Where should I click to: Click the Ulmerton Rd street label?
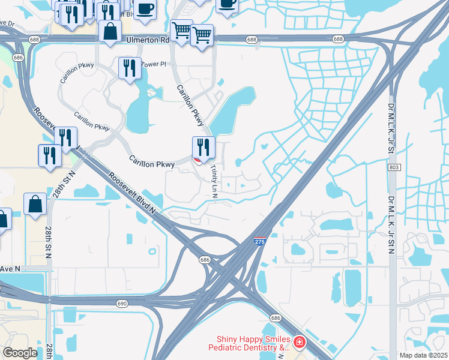pos(148,40)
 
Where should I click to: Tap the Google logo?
pos(20,353)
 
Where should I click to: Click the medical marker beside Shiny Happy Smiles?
pos(299,343)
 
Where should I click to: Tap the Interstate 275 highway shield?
pos(259,241)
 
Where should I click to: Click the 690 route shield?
pos(122,304)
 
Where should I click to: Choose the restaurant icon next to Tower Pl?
pos(130,69)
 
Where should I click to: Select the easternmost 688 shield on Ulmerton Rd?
pos(339,39)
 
